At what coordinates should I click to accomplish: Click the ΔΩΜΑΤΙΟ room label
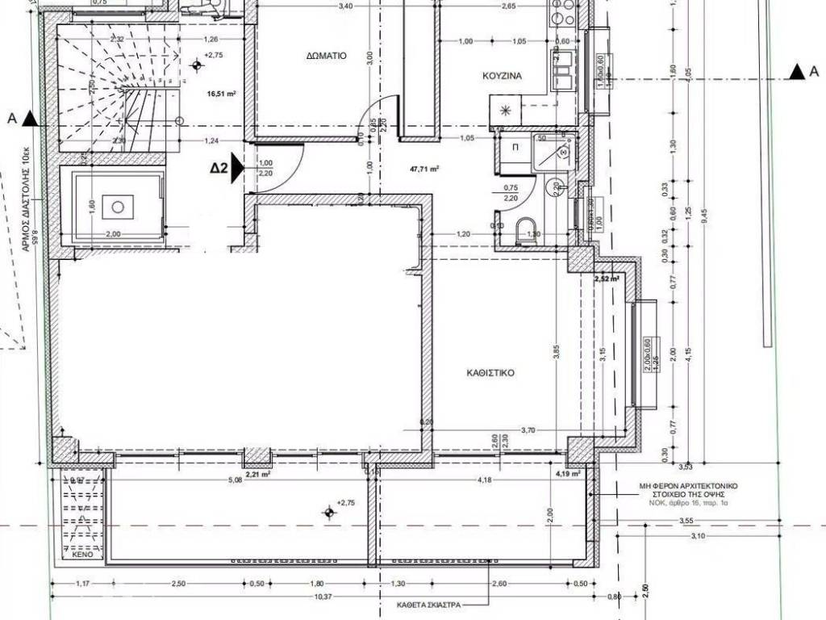326,57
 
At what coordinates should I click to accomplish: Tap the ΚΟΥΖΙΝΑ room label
503,76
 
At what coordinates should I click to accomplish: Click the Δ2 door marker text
219,169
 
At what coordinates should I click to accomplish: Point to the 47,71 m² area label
424,170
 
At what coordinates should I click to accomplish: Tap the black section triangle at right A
797,73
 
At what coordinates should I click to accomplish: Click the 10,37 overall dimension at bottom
323,596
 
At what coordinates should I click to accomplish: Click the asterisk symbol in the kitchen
506,111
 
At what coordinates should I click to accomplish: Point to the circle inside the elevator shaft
118,207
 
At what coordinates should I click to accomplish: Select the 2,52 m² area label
606,279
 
